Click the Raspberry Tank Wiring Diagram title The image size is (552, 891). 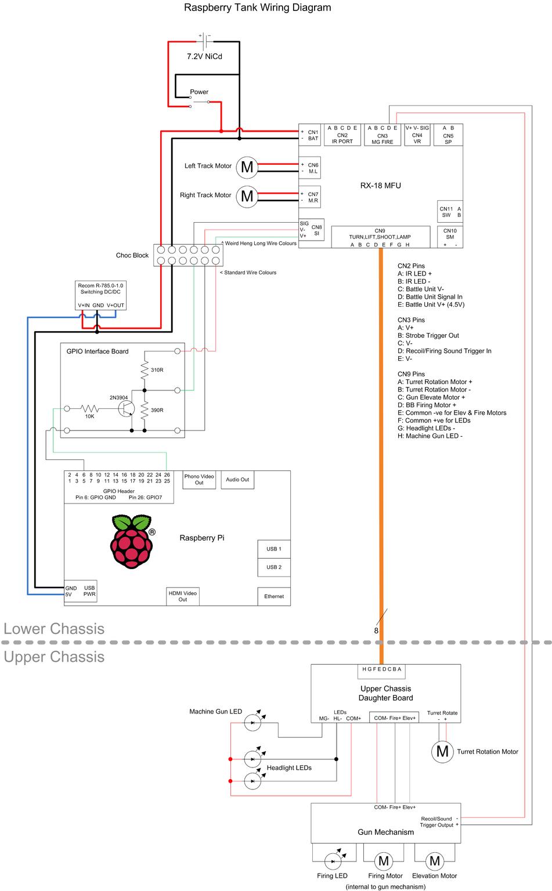(257, 8)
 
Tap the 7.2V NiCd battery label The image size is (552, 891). (204, 57)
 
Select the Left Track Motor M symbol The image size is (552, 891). (247, 167)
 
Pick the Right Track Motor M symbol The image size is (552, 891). (247, 196)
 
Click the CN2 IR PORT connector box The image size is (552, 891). (342, 135)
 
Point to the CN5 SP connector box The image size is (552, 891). (448, 135)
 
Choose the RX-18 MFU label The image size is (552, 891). (380, 186)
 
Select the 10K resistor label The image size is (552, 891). (89, 416)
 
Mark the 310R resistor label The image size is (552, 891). (157, 370)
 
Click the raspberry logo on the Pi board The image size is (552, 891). (133, 541)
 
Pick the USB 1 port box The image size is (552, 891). (273, 549)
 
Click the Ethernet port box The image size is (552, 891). (273, 596)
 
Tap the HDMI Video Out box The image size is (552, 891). (183, 596)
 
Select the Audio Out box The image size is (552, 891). (237, 480)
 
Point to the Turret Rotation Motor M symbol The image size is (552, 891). (442, 752)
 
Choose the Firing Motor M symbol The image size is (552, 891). (384, 861)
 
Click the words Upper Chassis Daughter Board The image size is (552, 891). (385, 693)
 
